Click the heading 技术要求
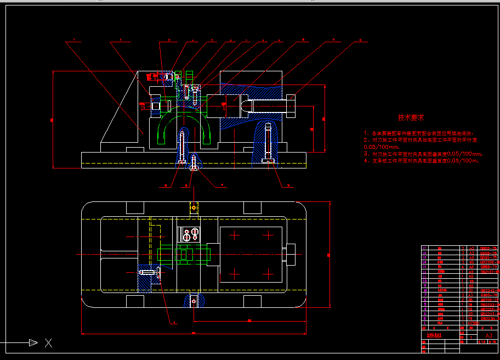point(411,117)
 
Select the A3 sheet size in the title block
point(489,335)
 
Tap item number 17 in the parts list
point(424,249)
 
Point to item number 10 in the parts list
point(424,281)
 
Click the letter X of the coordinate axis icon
point(48,344)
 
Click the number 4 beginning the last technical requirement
point(366,161)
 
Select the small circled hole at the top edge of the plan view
point(193,208)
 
